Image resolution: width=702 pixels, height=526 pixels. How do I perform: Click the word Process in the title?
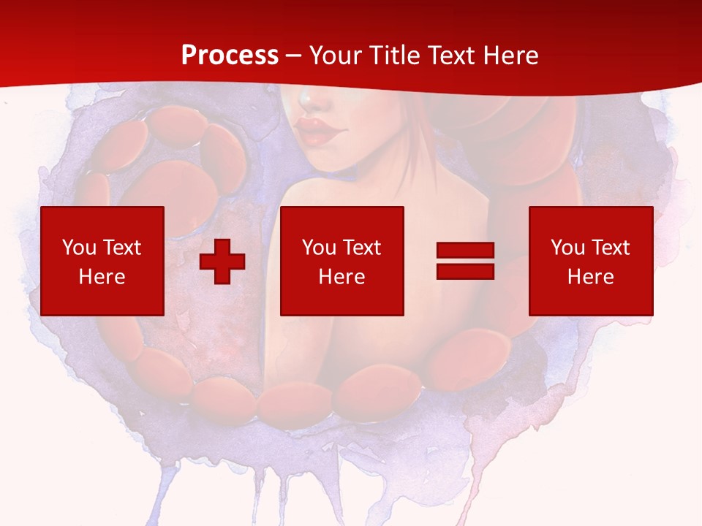pos(230,56)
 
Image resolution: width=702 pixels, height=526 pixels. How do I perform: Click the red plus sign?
pos(222,262)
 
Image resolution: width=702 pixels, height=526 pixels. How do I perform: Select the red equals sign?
pos(465,262)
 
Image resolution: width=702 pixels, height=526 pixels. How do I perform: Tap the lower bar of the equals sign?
pos(465,271)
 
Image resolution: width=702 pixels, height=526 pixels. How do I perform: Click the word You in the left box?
pos(78,248)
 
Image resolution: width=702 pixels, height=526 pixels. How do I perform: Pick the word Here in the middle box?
pos(342,277)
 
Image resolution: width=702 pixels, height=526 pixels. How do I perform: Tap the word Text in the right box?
pos(611,248)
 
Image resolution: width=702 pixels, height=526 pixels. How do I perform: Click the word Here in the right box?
pos(591,277)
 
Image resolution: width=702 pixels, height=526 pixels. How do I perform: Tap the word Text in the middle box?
pos(362,248)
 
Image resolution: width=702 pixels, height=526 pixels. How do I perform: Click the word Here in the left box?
pos(102,277)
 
